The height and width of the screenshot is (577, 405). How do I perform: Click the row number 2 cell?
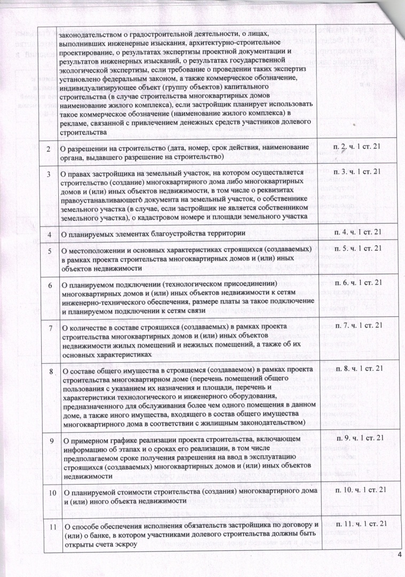coord(49,147)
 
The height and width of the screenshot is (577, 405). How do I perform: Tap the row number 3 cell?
coord(49,174)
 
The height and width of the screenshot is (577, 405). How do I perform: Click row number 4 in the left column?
coord(49,234)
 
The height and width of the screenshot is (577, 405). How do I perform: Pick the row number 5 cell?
coord(49,249)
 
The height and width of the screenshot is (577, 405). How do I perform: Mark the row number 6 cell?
coord(49,286)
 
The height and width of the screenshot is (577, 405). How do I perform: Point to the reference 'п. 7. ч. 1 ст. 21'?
coord(356,324)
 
